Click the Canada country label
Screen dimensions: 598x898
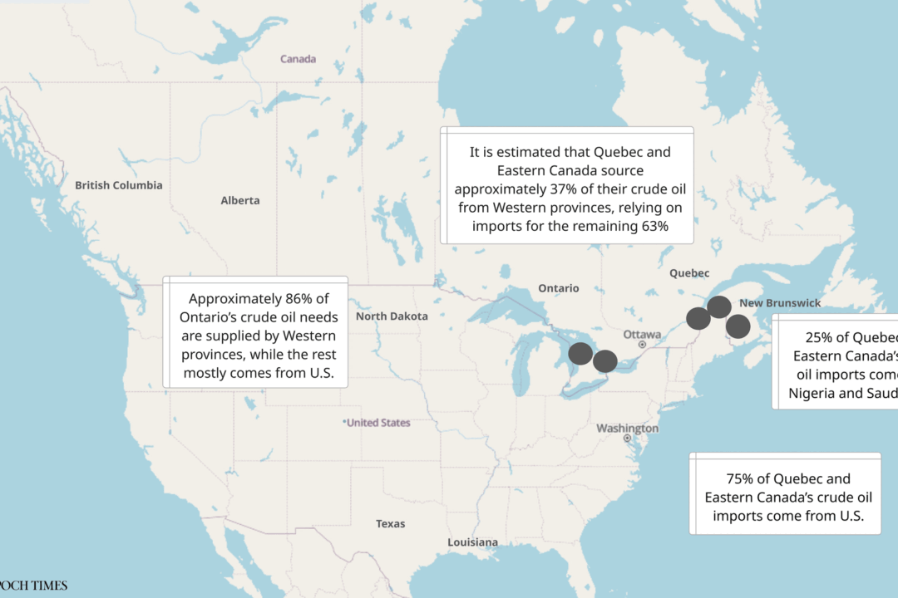point(298,59)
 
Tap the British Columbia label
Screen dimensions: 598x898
point(119,185)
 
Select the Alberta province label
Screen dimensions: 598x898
point(240,200)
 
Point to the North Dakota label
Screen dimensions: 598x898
point(392,316)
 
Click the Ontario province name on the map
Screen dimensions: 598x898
point(558,288)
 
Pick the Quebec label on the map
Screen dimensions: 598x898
point(689,273)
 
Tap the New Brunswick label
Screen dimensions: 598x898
point(780,303)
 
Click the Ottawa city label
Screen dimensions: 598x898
point(642,334)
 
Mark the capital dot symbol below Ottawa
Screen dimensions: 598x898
point(642,345)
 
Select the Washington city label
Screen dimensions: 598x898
point(627,429)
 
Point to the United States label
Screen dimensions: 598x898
point(378,423)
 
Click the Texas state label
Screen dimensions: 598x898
point(390,523)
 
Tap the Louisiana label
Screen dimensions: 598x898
point(472,542)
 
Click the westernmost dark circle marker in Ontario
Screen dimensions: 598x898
point(581,354)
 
